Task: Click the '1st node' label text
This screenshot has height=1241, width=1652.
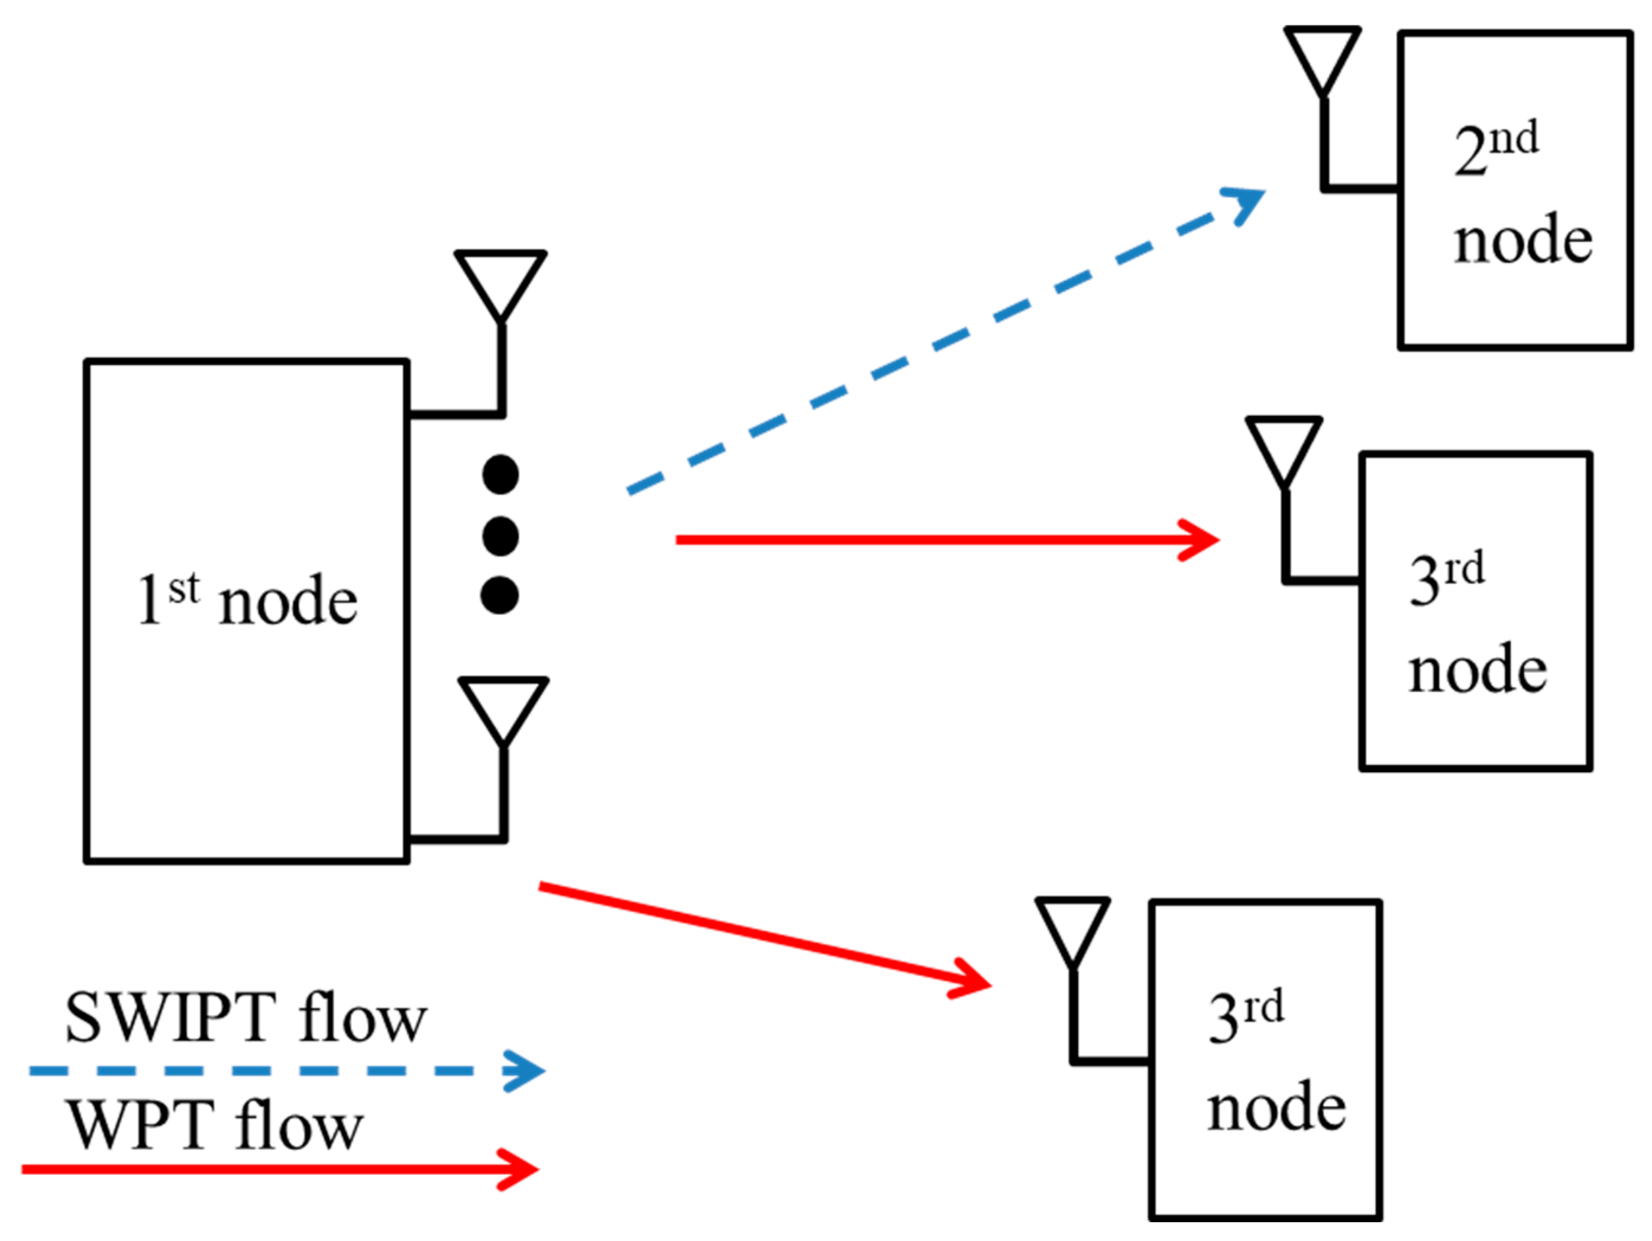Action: coord(247,601)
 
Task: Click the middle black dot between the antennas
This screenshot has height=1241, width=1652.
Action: coord(500,536)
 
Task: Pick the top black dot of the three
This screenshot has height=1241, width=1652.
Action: coord(500,475)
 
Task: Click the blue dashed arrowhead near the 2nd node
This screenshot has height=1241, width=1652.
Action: coord(1246,202)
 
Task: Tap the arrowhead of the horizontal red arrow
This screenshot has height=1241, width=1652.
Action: coord(1202,539)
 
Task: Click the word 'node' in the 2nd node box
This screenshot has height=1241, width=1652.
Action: coord(1523,239)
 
